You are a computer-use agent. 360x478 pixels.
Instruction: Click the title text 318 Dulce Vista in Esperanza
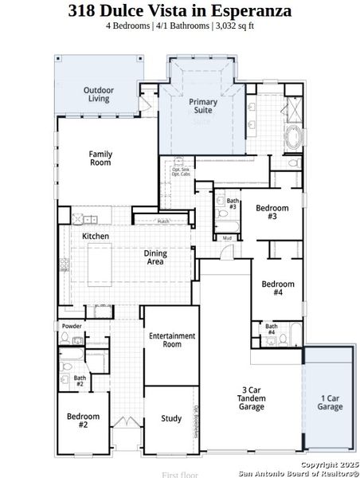coord(179,10)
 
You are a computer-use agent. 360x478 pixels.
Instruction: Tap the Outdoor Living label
coord(99,95)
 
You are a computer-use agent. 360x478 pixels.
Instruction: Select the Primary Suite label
coord(202,107)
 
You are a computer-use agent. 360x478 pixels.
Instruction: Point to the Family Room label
coord(100,158)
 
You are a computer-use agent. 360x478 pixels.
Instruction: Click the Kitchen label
coord(96,237)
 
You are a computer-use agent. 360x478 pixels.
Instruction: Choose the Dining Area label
coord(155,257)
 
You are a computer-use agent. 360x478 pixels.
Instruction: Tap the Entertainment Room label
coord(172,339)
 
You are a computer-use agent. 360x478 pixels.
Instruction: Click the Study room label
coord(171,418)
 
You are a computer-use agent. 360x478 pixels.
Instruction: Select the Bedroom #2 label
coord(83,420)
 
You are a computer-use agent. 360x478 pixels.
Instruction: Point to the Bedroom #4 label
coord(278,288)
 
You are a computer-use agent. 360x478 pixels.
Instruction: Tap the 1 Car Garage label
coord(331,402)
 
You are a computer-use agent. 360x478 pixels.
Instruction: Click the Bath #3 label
coord(233,204)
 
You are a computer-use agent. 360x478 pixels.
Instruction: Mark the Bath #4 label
coord(271,328)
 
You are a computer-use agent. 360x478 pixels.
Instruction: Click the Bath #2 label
coord(80,381)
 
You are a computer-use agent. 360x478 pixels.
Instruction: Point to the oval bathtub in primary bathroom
coord(293,137)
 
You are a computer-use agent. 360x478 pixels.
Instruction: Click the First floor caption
coord(179,474)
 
